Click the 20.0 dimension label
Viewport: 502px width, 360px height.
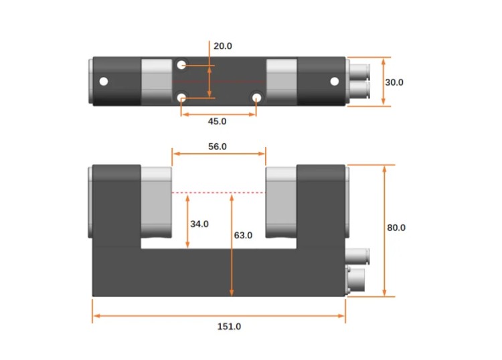pyautogui.click(x=222, y=46)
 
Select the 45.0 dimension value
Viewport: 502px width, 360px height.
pyautogui.click(x=218, y=121)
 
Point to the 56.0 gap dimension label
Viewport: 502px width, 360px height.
pyautogui.click(x=218, y=146)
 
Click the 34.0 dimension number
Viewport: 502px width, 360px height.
pyautogui.click(x=199, y=224)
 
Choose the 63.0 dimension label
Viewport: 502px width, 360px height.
pyautogui.click(x=243, y=235)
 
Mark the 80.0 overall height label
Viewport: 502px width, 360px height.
pyautogui.click(x=396, y=228)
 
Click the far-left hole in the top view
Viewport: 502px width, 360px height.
pyautogui.click(x=103, y=82)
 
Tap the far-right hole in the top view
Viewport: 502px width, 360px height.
pyautogui.click(x=335, y=82)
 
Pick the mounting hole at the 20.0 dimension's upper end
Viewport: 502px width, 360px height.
pyautogui.click(x=182, y=65)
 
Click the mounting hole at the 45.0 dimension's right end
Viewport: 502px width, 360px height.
pyautogui.click(x=256, y=98)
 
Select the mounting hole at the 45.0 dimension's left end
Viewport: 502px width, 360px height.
pyautogui.click(x=182, y=98)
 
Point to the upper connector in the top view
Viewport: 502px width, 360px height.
pyautogui.click(x=359, y=71)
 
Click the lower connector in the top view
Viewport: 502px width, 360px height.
pyautogui.click(x=359, y=90)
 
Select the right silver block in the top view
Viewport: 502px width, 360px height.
pyautogui.click(x=281, y=82)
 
